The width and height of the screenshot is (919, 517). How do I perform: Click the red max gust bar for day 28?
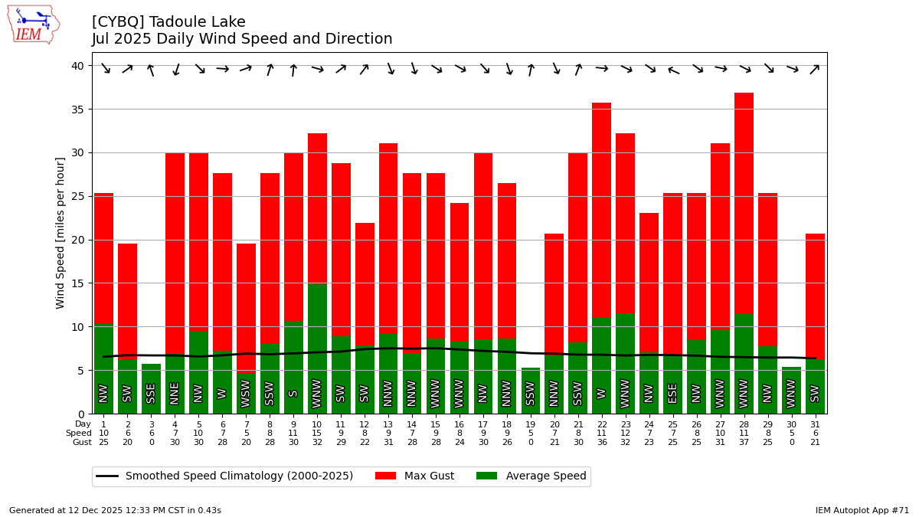coord(744,203)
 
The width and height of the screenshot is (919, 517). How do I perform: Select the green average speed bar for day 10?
coord(317,348)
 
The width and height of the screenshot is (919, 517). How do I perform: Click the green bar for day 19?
coord(531,391)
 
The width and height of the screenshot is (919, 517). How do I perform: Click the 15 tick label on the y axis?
coord(77,283)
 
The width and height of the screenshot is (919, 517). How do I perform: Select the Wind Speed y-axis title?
coord(61,233)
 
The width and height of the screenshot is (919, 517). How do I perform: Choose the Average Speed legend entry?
coord(531,476)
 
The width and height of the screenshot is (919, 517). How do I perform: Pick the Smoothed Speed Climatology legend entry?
coord(225,476)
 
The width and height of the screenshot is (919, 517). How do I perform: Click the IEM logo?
coord(33,25)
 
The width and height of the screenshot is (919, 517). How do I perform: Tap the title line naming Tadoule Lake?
coord(168,22)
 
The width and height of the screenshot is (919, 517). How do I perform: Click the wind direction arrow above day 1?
coord(104,68)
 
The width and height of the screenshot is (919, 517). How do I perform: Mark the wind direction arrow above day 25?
coord(672,70)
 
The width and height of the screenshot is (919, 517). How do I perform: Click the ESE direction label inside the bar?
coord(672,393)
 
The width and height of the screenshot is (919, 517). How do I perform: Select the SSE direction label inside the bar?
coord(152,393)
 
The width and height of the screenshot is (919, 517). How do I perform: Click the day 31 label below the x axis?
coord(815,424)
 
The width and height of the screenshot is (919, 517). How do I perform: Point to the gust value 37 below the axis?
coord(744,442)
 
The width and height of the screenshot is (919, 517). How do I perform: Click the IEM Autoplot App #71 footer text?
coord(862,510)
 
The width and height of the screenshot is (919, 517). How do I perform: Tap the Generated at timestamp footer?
coord(115,510)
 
